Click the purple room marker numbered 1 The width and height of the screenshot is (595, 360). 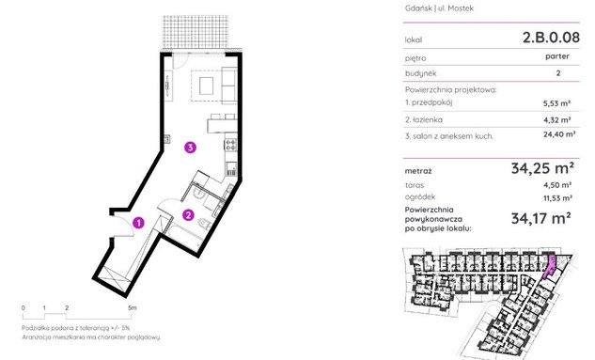click(x=138, y=223)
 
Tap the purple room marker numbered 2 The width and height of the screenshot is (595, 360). click(x=188, y=215)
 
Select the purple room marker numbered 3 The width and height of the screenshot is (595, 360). click(x=190, y=148)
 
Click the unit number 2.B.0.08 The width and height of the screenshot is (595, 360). click(x=551, y=38)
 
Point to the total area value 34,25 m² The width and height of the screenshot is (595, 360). click(x=542, y=167)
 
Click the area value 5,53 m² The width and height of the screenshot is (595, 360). click(x=557, y=103)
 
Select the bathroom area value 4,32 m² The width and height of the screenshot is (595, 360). click(x=557, y=120)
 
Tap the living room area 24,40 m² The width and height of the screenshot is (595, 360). click(x=559, y=133)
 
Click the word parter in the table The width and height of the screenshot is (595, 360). click(x=557, y=56)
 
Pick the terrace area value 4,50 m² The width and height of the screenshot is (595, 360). click(x=557, y=185)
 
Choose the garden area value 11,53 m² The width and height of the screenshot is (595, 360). click(x=557, y=198)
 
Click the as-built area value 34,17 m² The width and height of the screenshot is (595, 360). click(x=541, y=218)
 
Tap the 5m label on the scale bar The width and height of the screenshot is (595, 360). click(x=132, y=307)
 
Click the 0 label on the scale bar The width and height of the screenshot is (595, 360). click(x=23, y=307)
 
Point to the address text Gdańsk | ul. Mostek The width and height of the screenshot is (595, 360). click(x=439, y=8)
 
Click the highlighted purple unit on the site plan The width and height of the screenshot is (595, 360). click(x=550, y=267)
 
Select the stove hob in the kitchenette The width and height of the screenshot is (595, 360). click(x=231, y=145)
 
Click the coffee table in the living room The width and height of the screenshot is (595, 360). click(x=207, y=86)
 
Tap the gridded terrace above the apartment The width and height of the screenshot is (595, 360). click(x=196, y=32)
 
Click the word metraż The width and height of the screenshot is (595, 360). click(x=418, y=171)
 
